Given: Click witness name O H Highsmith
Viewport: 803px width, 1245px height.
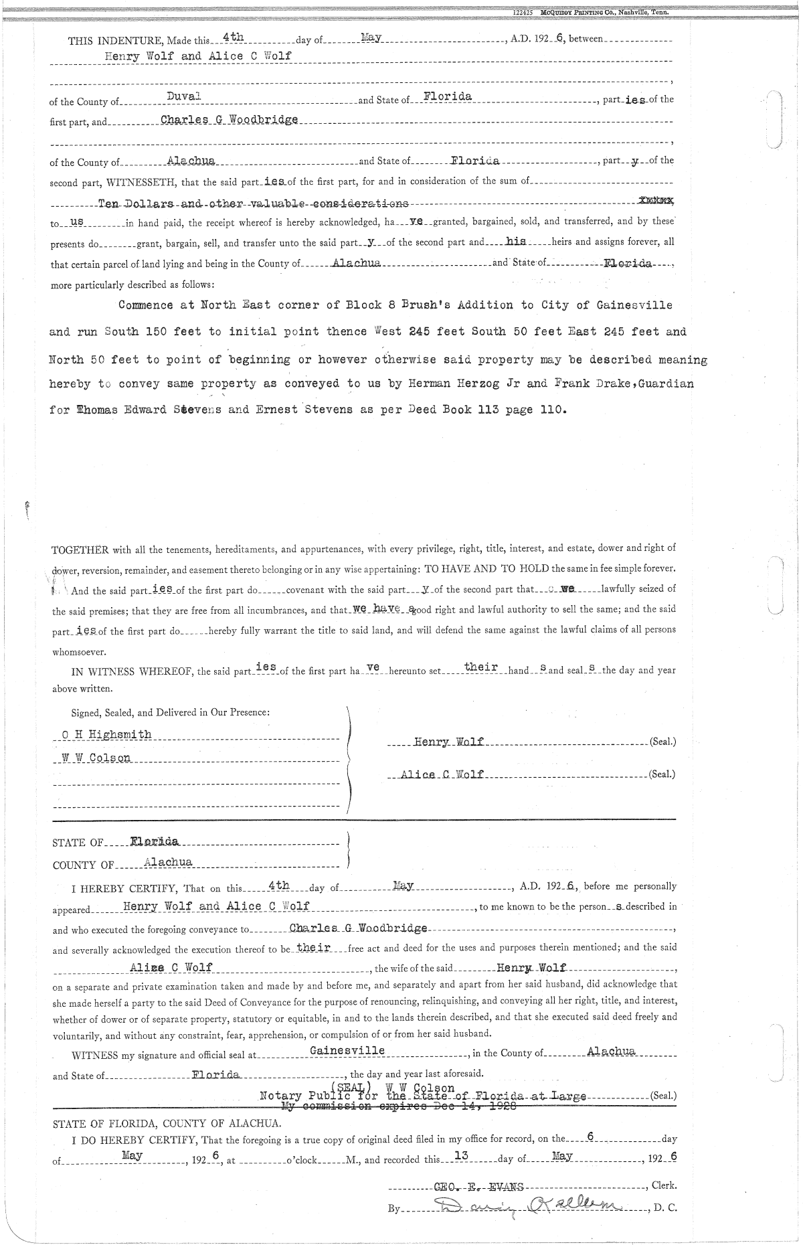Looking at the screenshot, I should click(x=106, y=735).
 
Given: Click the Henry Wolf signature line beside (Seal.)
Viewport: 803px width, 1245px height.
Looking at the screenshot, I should click(x=449, y=742).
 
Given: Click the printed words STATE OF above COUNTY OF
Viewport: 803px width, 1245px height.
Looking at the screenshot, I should click(x=78, y=843).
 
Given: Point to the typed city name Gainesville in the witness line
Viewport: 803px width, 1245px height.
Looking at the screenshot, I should click(x=347, y=1050).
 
